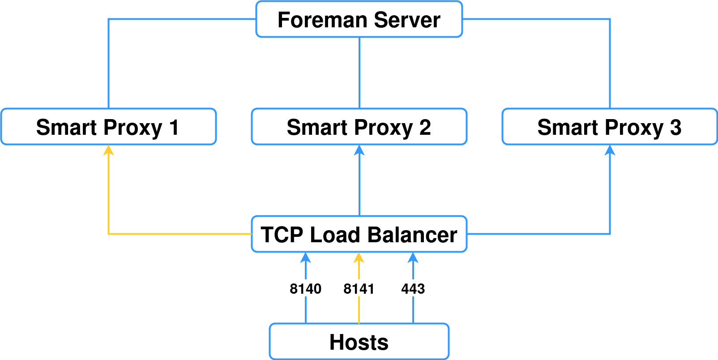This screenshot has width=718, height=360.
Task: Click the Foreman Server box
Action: (359, 19)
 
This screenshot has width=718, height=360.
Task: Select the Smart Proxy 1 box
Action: (108, 127)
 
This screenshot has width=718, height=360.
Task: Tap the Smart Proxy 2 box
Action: (359, 127)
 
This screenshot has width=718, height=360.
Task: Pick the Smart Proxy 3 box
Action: (610, 127)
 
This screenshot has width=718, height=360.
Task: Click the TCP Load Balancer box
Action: (359, 234)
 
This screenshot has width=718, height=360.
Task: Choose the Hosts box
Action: (359, 342)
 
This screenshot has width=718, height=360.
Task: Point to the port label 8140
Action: (305, 289)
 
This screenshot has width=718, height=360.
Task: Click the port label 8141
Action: (359, 289)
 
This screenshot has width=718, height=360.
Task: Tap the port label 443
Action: (413, 289)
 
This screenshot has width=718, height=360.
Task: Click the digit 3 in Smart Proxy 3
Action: (675, 127)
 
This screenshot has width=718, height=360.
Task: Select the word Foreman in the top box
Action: (322, 20)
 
